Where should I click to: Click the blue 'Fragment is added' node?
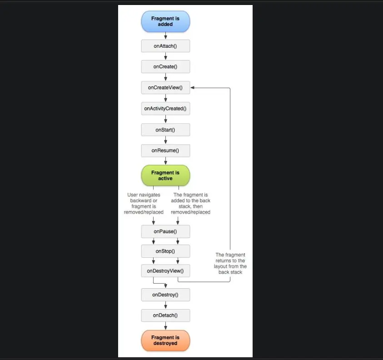(165, 21)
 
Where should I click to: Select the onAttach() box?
(165, 46)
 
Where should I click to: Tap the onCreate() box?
(165, 66)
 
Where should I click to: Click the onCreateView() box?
(165, 87)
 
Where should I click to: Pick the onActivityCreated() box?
(165, 109)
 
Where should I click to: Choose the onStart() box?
(165, 130)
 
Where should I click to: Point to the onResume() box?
(165, 150)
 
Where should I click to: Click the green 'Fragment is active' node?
(165, 175)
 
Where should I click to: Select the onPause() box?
(165, 231)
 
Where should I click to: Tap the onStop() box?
(165, 251)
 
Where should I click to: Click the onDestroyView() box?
(165, 271)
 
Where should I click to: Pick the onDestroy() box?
(165, 295)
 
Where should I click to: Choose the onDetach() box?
(165, 315)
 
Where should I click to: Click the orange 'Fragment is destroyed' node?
(165, 340)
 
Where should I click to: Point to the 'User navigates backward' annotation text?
(144, 203)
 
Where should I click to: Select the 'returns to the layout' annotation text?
(230, 263)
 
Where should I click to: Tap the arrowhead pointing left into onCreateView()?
(193, 87)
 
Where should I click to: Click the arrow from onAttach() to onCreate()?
(165, 56)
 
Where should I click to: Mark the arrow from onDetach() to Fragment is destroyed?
(165, 325)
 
